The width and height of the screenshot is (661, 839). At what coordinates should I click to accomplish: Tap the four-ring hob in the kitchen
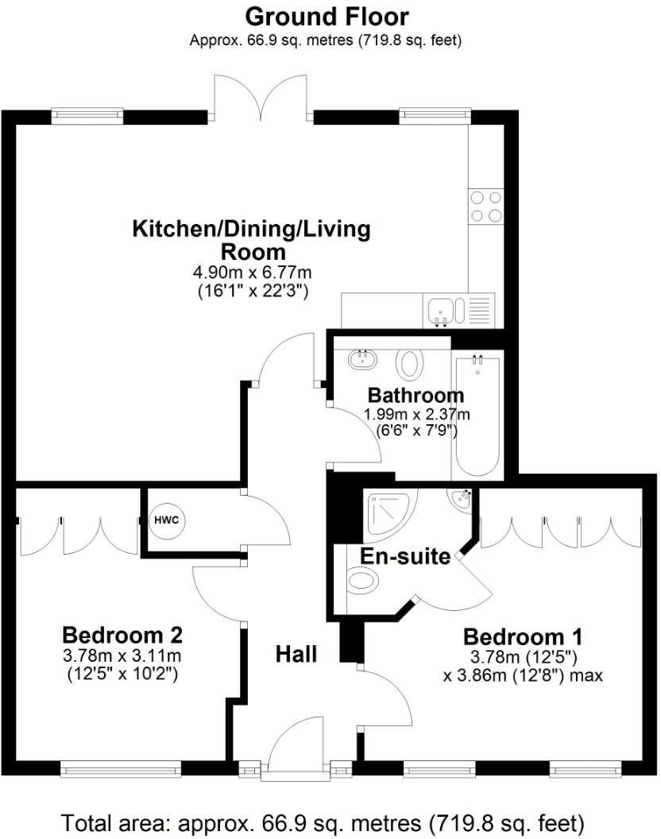(485, 205)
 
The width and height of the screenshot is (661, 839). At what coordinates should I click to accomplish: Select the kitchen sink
(440, 309)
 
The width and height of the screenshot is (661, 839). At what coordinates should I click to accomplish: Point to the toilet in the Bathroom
(409, 364)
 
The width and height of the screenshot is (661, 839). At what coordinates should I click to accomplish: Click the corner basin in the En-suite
(462, 498)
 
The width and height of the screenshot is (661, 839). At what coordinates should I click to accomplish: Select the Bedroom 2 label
(122, 635)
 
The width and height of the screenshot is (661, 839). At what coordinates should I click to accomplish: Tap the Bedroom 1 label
(523, 636)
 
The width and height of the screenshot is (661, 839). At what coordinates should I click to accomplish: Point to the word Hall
(296, 655)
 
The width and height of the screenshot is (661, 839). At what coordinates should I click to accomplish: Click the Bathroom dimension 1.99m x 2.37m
(417, 414)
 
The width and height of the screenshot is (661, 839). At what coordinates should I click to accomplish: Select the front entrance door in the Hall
(296, 751)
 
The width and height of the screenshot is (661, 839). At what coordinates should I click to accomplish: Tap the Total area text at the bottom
(323, 821)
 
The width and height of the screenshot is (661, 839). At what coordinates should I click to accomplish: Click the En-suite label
(405, 555)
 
